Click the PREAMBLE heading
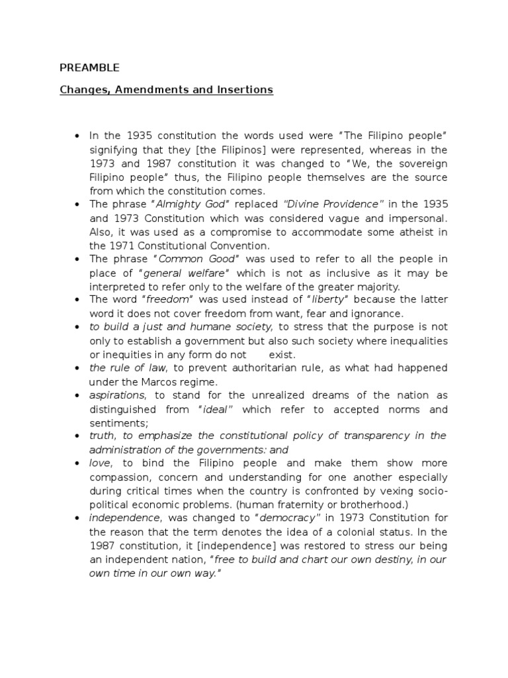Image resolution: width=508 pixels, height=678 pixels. (89, 67)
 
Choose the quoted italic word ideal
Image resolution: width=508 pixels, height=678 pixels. (215, 409)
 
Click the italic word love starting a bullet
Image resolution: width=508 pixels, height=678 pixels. (101, 463)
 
